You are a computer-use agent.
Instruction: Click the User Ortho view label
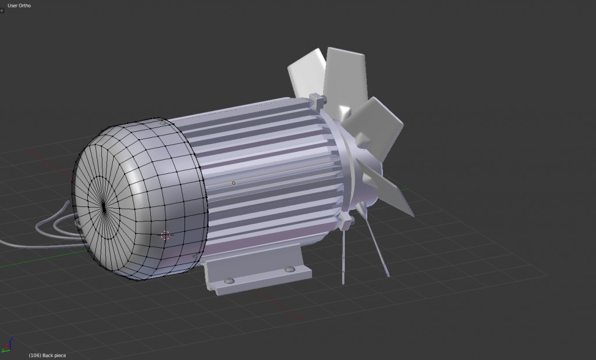pos(19,5)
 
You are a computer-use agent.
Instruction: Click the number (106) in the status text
pos(34,355)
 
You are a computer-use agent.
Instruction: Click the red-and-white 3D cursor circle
pos(165,236)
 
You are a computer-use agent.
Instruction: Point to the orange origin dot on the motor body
pos(233,183)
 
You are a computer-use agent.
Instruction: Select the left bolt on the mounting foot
pos(229,281)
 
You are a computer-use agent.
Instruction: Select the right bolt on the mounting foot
pos(290,269)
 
